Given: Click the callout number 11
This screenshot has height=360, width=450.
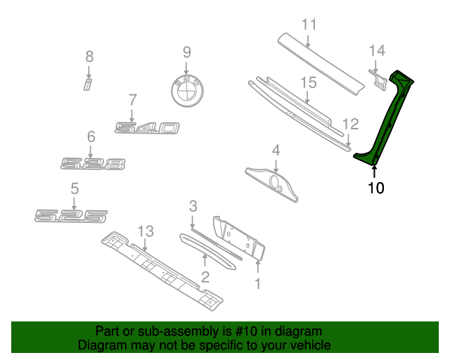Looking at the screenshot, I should click(310, 26).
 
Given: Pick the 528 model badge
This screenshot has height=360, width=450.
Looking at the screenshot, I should click(93, 164).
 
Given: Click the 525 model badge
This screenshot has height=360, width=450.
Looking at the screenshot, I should click(72, 215).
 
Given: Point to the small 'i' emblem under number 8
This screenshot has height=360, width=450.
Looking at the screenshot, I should click(88, 85).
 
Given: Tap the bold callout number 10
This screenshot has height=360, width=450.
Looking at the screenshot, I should click(376, 188).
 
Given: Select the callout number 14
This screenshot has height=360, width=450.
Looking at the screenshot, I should click(378, 51).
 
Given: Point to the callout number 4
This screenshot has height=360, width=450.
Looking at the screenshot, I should click(276, 150).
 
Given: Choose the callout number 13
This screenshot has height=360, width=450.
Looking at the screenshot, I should click(145, 231).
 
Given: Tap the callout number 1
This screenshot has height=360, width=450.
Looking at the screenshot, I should click(257, 283).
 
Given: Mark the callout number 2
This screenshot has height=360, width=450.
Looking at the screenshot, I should click(205, 276).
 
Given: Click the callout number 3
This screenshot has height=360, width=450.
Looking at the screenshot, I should click(193, 206).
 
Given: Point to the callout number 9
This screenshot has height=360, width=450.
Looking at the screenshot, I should click(187, 51).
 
